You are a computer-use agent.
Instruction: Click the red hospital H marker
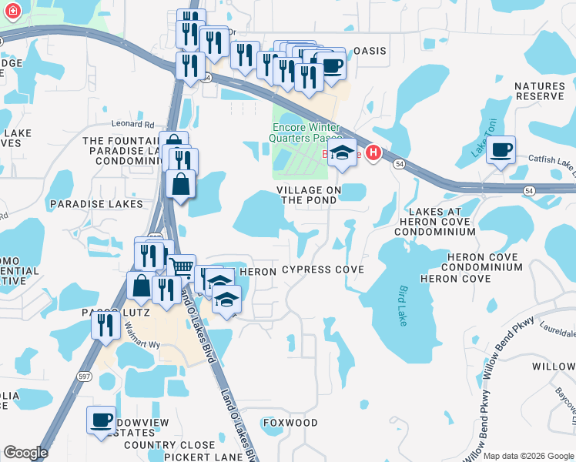point(373,153)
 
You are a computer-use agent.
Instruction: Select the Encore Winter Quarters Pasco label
point(306,132)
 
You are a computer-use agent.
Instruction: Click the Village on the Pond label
point(308,195)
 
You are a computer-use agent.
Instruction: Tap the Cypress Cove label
point(322,270)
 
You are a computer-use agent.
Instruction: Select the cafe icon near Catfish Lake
point(501,149)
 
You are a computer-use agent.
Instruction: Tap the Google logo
point(25,453)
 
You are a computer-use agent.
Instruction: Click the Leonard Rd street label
point(133,123)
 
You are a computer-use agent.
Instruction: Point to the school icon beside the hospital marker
point(343,152)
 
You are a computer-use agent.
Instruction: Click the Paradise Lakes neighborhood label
point(96,204)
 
